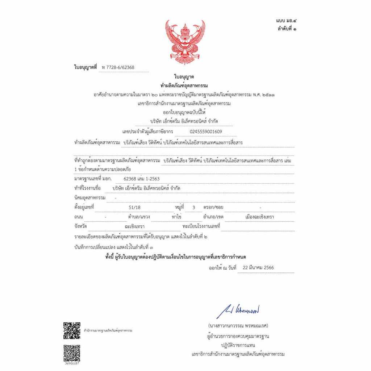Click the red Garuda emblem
[185, 42]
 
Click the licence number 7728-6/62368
[118, 67]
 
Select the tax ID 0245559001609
[206, 131]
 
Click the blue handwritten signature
[238, 311]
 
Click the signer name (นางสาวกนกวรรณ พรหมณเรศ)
[238, 325]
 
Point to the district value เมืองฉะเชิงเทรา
[259, 217]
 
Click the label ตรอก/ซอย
[213, 207]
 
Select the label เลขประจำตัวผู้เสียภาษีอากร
[148, 131]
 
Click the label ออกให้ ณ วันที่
[222, 268]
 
